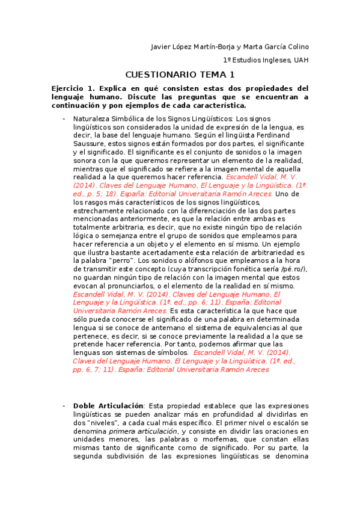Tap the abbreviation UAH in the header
(301, 60)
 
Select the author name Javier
(160, 48)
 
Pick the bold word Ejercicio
(69, 88)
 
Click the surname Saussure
(89, 144)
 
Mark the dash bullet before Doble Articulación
(63, 406)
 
